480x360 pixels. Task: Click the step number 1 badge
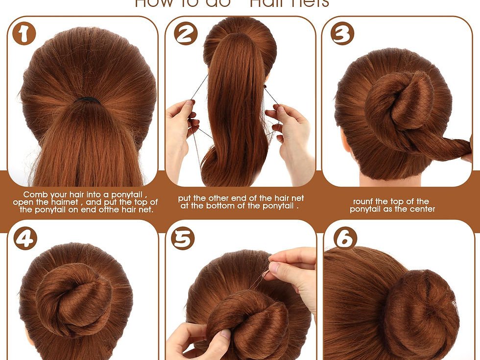tap(24, 34)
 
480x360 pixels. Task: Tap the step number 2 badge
tap(186, 34)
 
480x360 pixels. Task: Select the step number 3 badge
tap(342, 34)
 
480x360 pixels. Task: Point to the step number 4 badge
tap(25, 239)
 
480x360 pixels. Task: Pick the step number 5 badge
tap(182, 239)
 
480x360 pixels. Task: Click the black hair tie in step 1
tap(87, 100)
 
